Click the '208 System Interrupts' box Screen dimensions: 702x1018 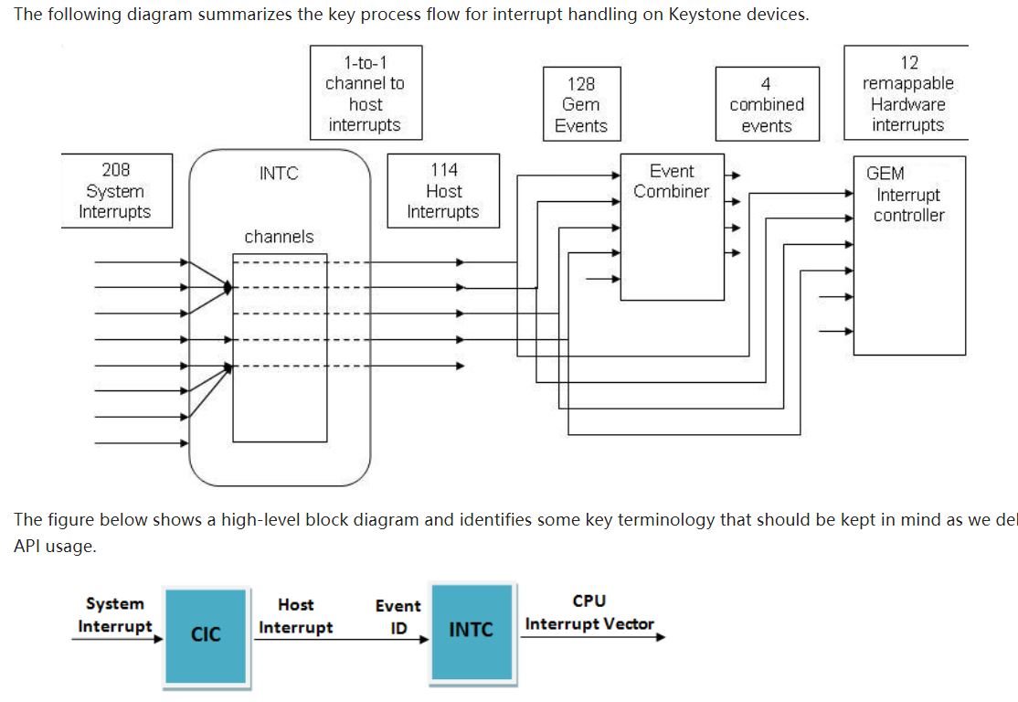(116, 191)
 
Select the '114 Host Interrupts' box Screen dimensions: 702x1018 (443, 191)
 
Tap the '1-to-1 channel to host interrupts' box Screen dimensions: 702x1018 (365, 93)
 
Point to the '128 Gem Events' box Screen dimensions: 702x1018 (581, 104)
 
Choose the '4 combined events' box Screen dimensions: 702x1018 (767, 104)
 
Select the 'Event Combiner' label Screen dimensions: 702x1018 (672, 181)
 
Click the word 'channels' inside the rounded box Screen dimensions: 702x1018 (279, 237)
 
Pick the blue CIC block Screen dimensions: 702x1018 (206, 634)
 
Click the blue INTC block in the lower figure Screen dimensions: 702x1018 (472, 631)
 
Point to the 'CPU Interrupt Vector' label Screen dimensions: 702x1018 (589, 613)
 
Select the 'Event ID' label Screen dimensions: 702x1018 (398, 617)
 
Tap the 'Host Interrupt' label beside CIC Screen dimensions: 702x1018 (295, 616)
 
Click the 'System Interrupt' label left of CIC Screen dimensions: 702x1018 (115, 614)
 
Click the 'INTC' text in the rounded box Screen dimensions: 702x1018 (279, 174)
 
